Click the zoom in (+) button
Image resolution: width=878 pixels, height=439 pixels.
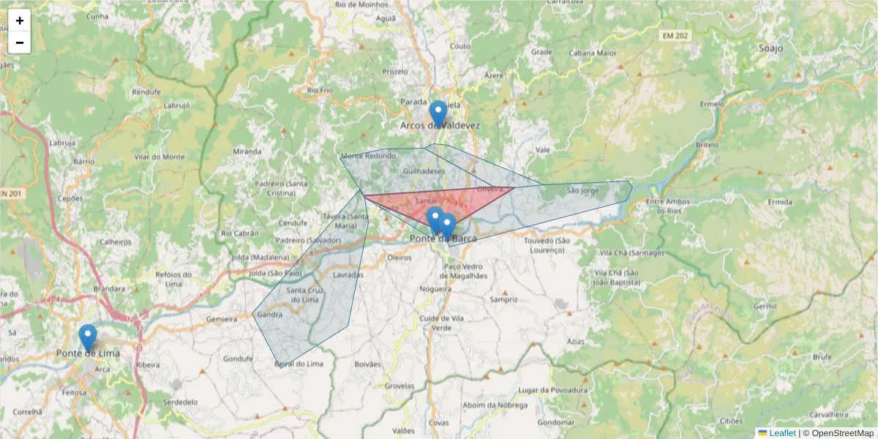(20, 20)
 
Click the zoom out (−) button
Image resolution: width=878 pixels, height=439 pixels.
(20, 42)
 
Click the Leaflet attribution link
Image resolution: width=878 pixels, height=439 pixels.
(782, 433)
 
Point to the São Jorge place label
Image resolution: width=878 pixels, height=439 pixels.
(583, 190)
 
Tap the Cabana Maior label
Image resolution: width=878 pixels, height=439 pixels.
(593, 53)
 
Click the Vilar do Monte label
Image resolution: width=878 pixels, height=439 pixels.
(160, 157)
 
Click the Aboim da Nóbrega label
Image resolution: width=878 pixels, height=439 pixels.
(495, 406)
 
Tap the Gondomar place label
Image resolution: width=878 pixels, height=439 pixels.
(554, 422)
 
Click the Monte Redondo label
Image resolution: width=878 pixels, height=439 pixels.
(368, 156)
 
